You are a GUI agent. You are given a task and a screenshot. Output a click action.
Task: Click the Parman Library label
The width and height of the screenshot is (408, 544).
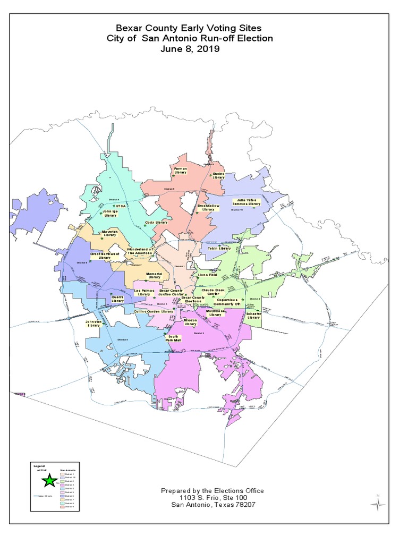tap(181, 171)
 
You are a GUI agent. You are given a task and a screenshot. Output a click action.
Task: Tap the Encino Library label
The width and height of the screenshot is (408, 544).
tap(219, 175)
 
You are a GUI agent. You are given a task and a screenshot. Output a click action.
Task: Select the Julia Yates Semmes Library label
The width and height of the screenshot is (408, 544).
tap(248, 202)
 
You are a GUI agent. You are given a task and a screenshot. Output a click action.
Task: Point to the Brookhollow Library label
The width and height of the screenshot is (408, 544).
tap(208, 207)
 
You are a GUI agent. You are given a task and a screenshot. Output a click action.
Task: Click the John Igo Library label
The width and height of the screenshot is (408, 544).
tap(110, 214)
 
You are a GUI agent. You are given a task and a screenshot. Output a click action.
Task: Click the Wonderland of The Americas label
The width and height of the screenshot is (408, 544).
tap(139, 251)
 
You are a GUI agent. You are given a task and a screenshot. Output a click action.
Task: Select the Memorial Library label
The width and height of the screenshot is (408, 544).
tap(154, 275)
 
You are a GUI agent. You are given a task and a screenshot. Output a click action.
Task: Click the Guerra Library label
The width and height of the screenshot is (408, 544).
tap(117, 299)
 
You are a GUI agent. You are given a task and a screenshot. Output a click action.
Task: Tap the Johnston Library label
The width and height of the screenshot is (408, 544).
tap(93, 324)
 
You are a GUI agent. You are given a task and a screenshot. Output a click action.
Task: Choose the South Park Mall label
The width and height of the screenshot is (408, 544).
tap(173, 338)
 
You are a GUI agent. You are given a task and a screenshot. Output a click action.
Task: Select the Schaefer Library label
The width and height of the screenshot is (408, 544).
tap(253, 316)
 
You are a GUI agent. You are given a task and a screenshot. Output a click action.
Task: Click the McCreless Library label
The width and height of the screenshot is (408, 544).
tap(215, 313)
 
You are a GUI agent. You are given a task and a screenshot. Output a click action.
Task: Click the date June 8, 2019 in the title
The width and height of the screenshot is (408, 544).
tap(189, 49)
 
